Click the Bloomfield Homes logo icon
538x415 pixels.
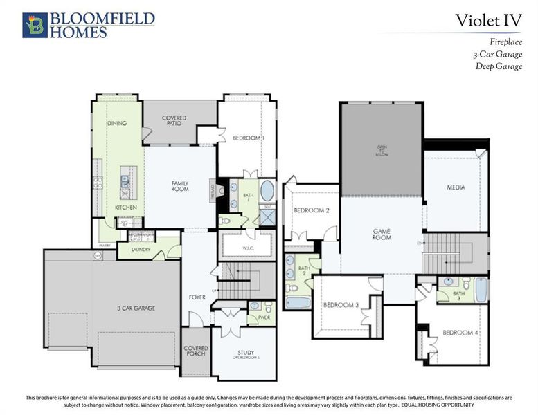tap(35, 24)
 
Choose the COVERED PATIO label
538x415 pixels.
tap(174, 121)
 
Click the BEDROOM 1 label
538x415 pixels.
tap(249, 138)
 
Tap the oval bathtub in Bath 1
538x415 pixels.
tap(267, 191)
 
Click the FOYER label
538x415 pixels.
tap(197, 297)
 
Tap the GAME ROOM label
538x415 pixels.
tap(382, 234)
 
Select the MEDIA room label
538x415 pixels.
tap(456, 187)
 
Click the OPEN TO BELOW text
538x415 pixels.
tap(382, 151)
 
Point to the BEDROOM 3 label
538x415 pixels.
tap(341, 305)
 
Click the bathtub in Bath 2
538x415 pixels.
tap(298, 303)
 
